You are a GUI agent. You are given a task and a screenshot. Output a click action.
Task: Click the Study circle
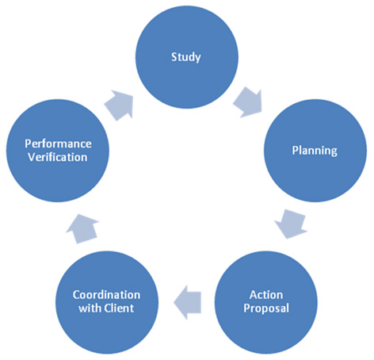(187, 57)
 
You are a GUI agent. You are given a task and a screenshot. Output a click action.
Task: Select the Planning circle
(315, 151)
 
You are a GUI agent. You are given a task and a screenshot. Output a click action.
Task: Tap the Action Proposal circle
(266, 302)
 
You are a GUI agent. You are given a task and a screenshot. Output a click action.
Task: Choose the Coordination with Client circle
(107, 302)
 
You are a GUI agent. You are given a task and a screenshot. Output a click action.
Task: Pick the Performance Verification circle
(58, 151)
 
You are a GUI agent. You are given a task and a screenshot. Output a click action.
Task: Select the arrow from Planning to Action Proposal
(292, 224)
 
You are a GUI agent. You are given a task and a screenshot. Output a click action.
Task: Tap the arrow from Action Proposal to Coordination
(187, 302)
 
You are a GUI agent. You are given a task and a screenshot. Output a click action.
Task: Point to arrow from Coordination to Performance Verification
(82, 228)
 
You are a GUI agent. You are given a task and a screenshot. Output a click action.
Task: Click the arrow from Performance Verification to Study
(120, 105)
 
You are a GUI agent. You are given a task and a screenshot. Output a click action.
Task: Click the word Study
(186, 57)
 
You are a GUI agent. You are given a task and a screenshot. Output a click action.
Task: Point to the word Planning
(315, 151)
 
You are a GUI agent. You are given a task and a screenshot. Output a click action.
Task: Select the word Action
(266, 295)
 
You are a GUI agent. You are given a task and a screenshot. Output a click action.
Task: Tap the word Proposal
(266, 308)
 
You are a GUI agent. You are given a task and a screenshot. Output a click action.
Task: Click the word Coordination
(106, 295)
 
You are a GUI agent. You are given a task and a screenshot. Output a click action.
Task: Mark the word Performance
(58, 144)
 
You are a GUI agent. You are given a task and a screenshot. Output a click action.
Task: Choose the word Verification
(58, 157)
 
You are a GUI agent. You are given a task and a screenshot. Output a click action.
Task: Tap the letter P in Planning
(296, 150)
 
